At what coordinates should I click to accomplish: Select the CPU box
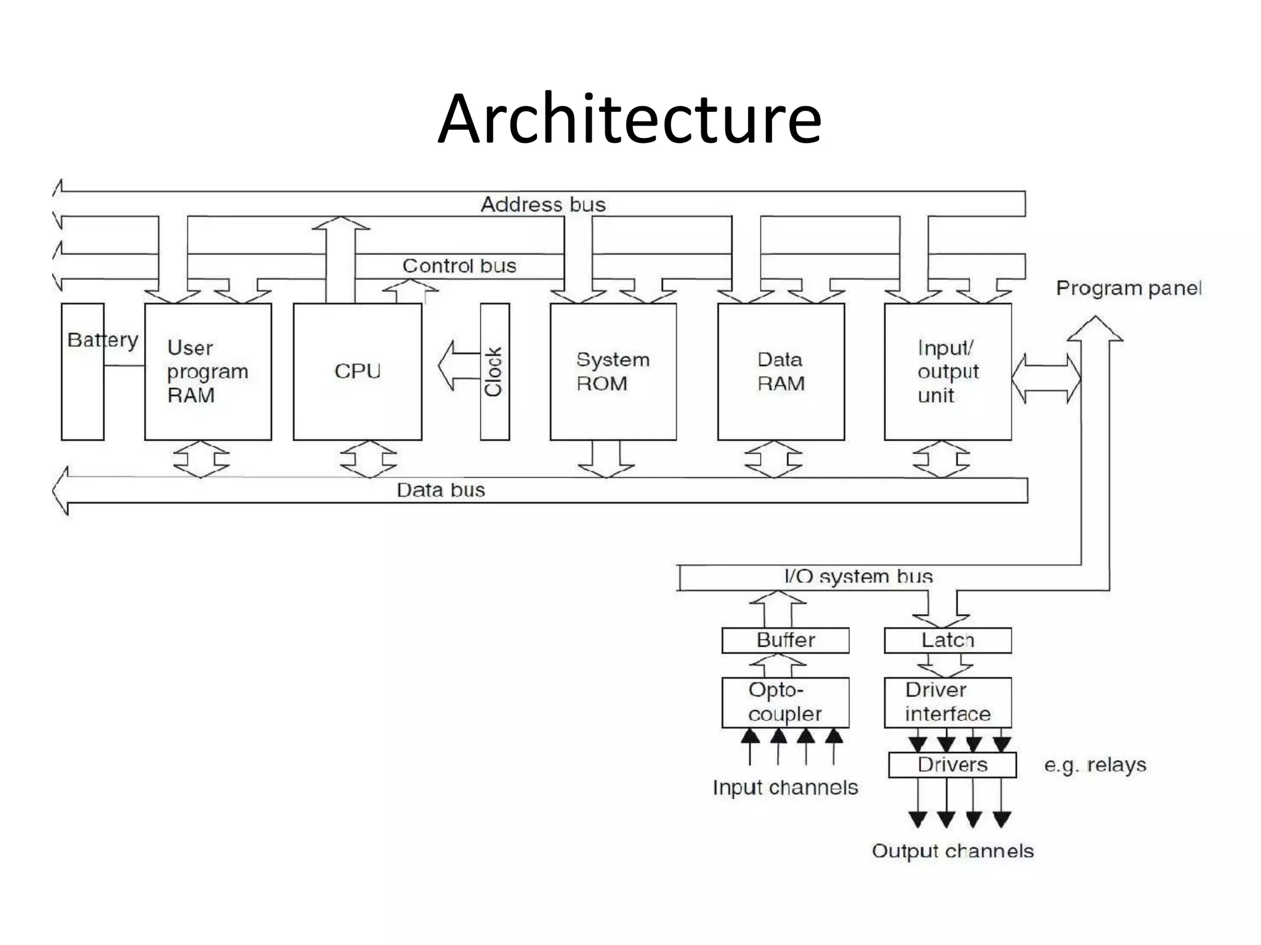[357, 371]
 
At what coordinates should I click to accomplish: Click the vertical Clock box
[494, 371]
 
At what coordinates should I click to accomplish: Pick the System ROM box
[613, 371]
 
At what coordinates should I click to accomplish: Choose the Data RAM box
[781, 371]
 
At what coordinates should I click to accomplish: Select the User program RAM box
[207, 371]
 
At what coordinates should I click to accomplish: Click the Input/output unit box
[948, 371]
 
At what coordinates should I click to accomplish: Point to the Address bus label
[542, 204]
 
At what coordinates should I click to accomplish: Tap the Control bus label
[459, 266]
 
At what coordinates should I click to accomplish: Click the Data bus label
[441, 490]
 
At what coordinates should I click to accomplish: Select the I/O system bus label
[858, 576]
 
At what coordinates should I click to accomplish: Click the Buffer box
[785, 640]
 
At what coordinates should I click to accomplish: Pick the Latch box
[948, 640]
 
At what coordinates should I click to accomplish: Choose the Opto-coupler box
[785, 702]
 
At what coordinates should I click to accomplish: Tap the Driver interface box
[948, 702]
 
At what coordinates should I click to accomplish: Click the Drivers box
[952, 765]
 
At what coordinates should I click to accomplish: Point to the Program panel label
[1129, 288]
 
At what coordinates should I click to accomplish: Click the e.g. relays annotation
[1095, 765]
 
